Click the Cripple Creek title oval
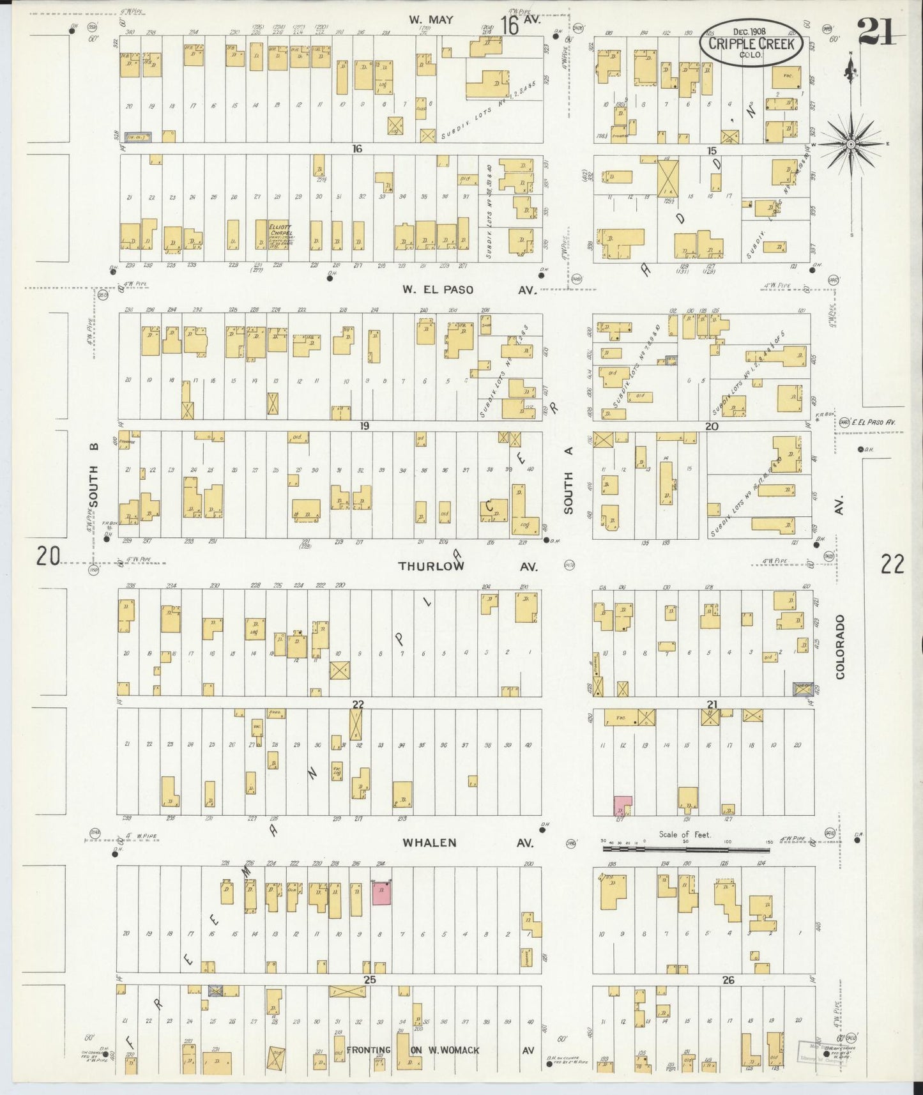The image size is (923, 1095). click(x=750, y=42)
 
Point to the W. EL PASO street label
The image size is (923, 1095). click(x=438, y=289)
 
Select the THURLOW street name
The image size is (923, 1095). click(x=431, y=566)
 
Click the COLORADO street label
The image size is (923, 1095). click(x=839, y=646)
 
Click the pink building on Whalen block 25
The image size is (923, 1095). click(x=382, y=893)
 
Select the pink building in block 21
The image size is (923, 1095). click(x=622, y=806)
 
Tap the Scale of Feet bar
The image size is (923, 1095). click(x=687, y=850)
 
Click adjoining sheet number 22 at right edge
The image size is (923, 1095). click(x=892, y=564)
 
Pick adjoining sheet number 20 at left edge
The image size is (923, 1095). click(x=48, y=556)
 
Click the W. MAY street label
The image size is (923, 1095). click(x=431, y=20)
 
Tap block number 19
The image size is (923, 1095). click(x=364, y=425)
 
